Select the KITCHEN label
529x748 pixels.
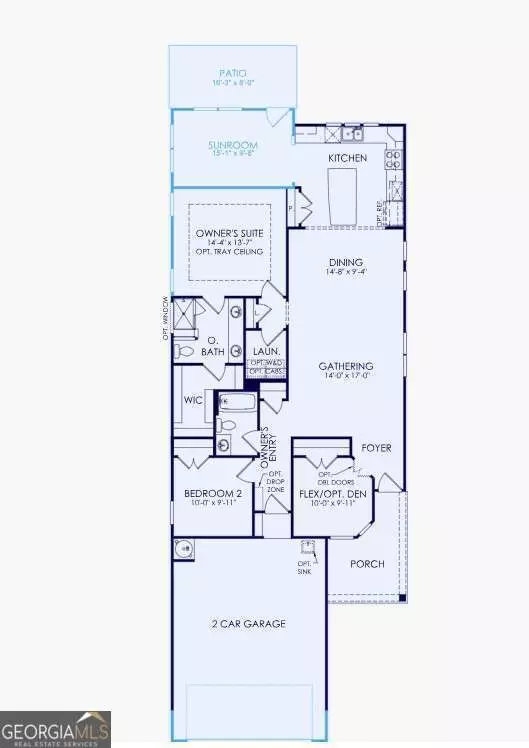coord(347,158)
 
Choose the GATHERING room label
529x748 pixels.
coord(346,366)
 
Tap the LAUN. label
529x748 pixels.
coord(264,352)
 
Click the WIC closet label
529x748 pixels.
coord(194,401)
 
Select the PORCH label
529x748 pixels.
coord(367,564)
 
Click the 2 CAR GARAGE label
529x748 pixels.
coord(249,624)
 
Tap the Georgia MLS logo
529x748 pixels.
coord(56,728)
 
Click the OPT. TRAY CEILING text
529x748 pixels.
coord(233,252)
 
